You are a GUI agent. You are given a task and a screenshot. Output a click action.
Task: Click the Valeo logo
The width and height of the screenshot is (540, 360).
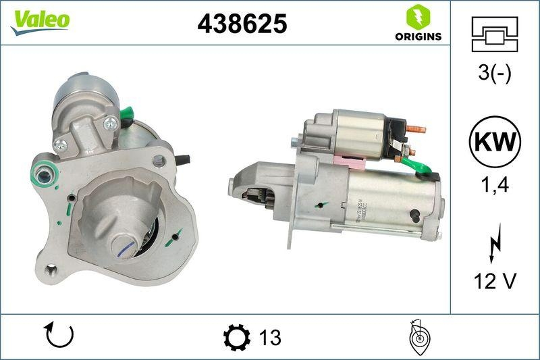(x=39, y=21)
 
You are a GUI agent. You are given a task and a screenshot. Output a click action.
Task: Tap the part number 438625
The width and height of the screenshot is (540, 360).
(x=242, y=24)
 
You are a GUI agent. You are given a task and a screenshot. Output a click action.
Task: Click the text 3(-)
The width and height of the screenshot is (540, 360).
(x=495, y=74)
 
